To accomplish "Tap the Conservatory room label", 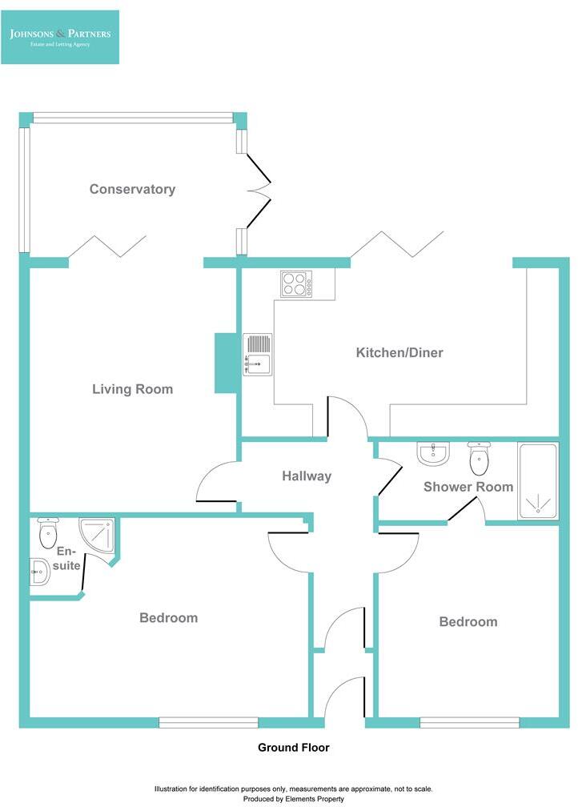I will (132, 189).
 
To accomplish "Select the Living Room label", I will (132, 389).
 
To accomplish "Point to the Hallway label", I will (306, 476).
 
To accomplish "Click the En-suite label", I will (68, 558).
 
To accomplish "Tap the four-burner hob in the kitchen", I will (295, 284).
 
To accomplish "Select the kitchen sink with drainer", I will (257, 354).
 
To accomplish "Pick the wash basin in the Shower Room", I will (433, 454).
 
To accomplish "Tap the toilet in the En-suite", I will (49, 532).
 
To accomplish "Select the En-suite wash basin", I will (38, 571).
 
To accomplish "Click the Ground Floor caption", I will (293, 748).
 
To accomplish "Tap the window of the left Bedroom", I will (208, 722).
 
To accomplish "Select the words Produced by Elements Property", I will (293, 798).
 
